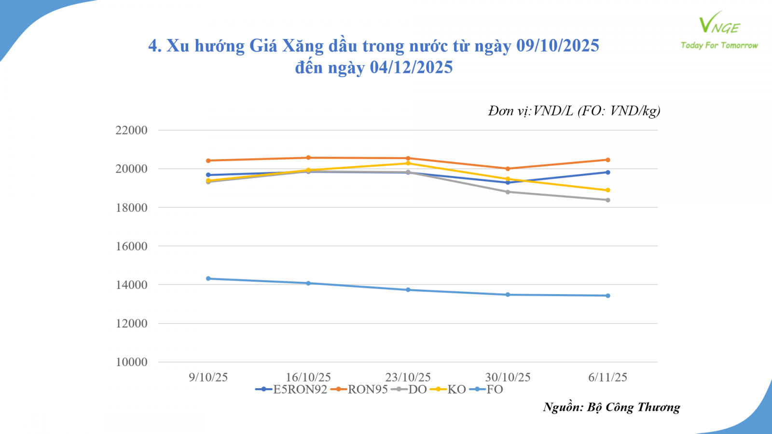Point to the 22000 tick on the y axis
point(131,130)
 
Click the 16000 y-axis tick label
point(131,246)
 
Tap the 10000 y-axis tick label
point(131,362)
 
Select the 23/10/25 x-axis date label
point(408,378)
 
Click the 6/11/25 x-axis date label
point(607,378)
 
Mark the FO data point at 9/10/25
point(208,279)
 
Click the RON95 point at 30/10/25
point(508,169)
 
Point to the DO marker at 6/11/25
point(608,200)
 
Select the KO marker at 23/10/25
point(408,163)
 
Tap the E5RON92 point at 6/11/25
point(608,172)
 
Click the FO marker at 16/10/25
point(308,283)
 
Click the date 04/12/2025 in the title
point(411,68)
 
